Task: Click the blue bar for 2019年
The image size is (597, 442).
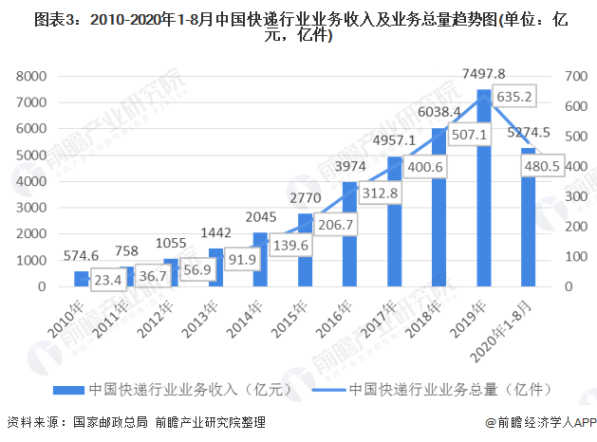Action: [x=484, y=190]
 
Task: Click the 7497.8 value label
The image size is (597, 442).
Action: [x=484, y=73]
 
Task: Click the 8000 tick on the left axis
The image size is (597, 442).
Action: [x=32, y=76]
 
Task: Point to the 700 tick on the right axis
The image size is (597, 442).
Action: [x=575, y=76]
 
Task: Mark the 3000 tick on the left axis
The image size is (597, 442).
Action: [x=32, y=208]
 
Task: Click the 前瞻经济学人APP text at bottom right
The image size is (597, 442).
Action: [x=539, y=422]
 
